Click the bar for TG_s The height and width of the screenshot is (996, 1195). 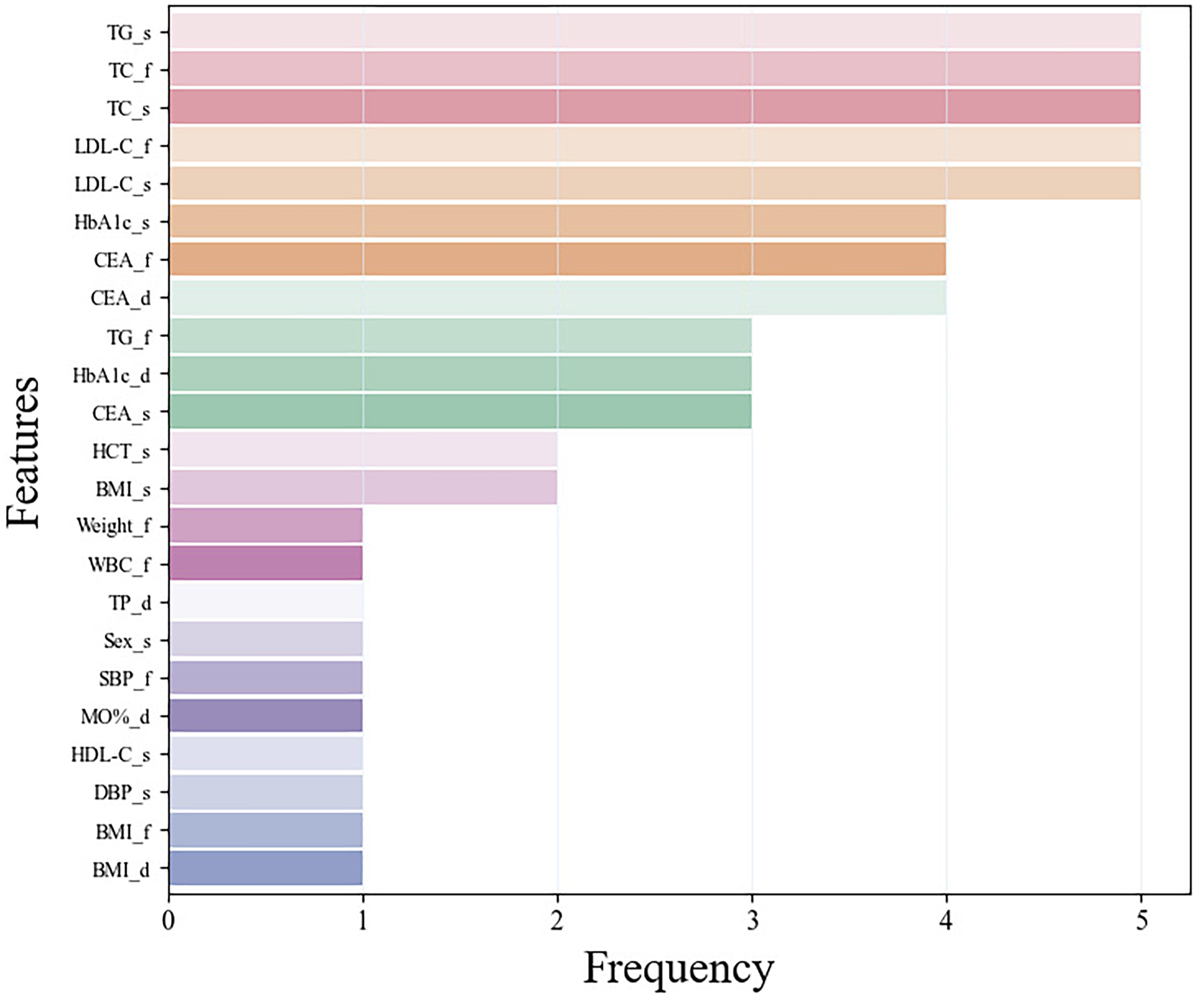click(x=654, y=31)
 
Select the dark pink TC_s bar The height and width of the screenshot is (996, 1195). click(x=654, y=107)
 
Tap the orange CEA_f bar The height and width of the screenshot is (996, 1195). click(x=557, y=260)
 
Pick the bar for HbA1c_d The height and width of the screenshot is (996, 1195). click(x=460, y=374)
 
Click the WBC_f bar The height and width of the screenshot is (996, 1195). click(x=266, y=563)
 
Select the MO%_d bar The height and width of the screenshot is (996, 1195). click(x=266, y=716)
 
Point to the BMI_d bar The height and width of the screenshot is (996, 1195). click(x=266, y=868)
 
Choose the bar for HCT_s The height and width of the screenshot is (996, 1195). click(x=363, y=450)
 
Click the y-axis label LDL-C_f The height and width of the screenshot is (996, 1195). click(x=113, y=146)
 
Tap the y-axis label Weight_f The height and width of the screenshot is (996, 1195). click(x=113, y=526)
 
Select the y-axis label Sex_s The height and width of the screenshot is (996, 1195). click(x=127, y=641)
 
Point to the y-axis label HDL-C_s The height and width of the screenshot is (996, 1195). click(x=111, y=755)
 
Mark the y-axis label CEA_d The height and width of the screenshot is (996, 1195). click(x=121, y=299)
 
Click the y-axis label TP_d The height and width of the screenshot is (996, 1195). click(x=130, y=603)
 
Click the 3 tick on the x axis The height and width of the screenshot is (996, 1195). click(x=752, y=921)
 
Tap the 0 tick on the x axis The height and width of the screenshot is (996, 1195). click(x=169, y=921)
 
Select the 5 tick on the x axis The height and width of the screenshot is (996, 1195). click(x=1141, y=921)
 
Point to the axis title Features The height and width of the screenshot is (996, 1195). click(x=24, y=451)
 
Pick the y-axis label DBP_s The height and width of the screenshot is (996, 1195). click(x=122, y=793)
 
